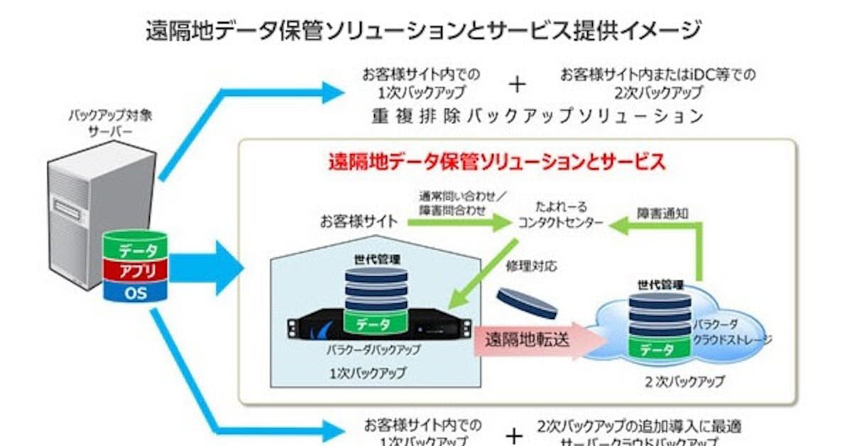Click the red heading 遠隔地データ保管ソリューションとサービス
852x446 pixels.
point(496,162)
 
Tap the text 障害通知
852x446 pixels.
point(662,212)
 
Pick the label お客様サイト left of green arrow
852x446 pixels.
point(358,222)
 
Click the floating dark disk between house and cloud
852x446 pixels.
point(528,303)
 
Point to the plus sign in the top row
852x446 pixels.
point(518,84)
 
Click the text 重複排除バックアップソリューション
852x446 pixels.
point(537,116)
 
